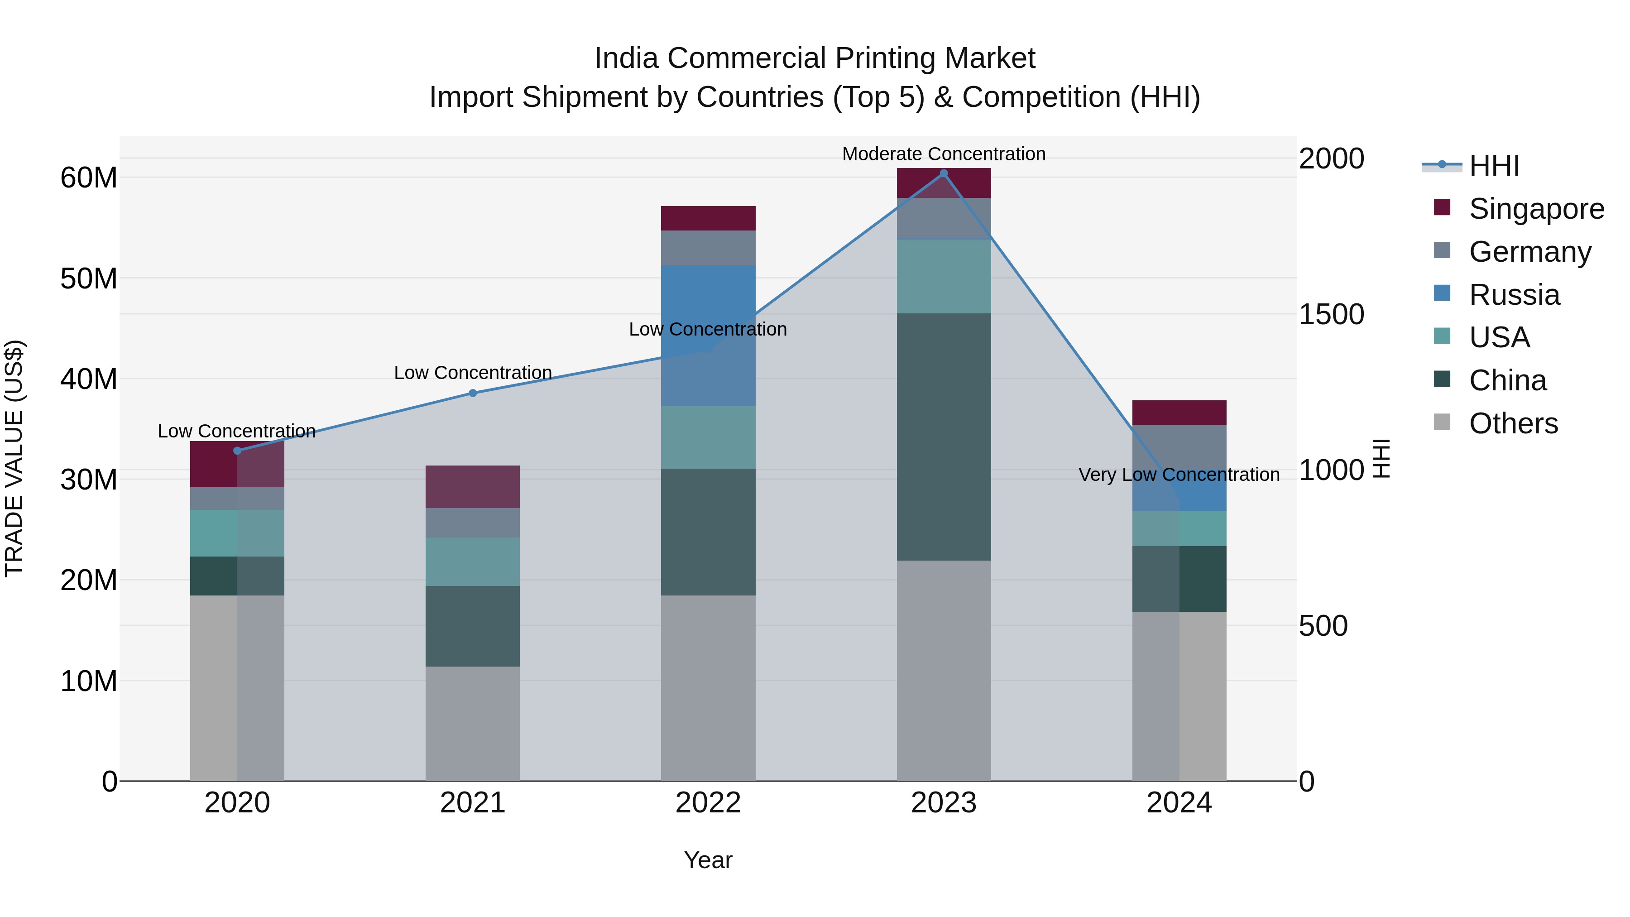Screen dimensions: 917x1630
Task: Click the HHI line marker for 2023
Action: point(944,173)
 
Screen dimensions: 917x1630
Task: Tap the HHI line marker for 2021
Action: point(473,393)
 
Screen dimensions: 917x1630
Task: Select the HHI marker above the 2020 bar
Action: point(237,451)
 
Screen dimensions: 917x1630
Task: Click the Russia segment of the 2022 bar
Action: point(708,336)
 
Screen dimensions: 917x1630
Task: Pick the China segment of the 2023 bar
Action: point(944,437)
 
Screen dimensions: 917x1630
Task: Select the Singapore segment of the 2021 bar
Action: point(473,487)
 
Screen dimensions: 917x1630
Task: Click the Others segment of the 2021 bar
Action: point(473,723)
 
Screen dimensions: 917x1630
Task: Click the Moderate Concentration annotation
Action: point(944,154)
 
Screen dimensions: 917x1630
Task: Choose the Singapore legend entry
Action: point(1536,209)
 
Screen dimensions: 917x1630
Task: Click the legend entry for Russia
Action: point(1514,295)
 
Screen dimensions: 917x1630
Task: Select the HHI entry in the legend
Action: point(1493,166)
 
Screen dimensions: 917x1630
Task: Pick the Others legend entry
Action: point(1513,423)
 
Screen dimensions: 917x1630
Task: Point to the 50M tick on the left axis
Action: point(89,278)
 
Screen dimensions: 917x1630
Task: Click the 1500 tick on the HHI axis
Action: point(1331,315)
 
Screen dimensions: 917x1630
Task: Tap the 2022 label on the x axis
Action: point(708,803)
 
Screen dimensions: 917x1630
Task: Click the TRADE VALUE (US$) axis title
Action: point(14,458)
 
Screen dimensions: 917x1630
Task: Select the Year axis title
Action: point(708,860)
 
